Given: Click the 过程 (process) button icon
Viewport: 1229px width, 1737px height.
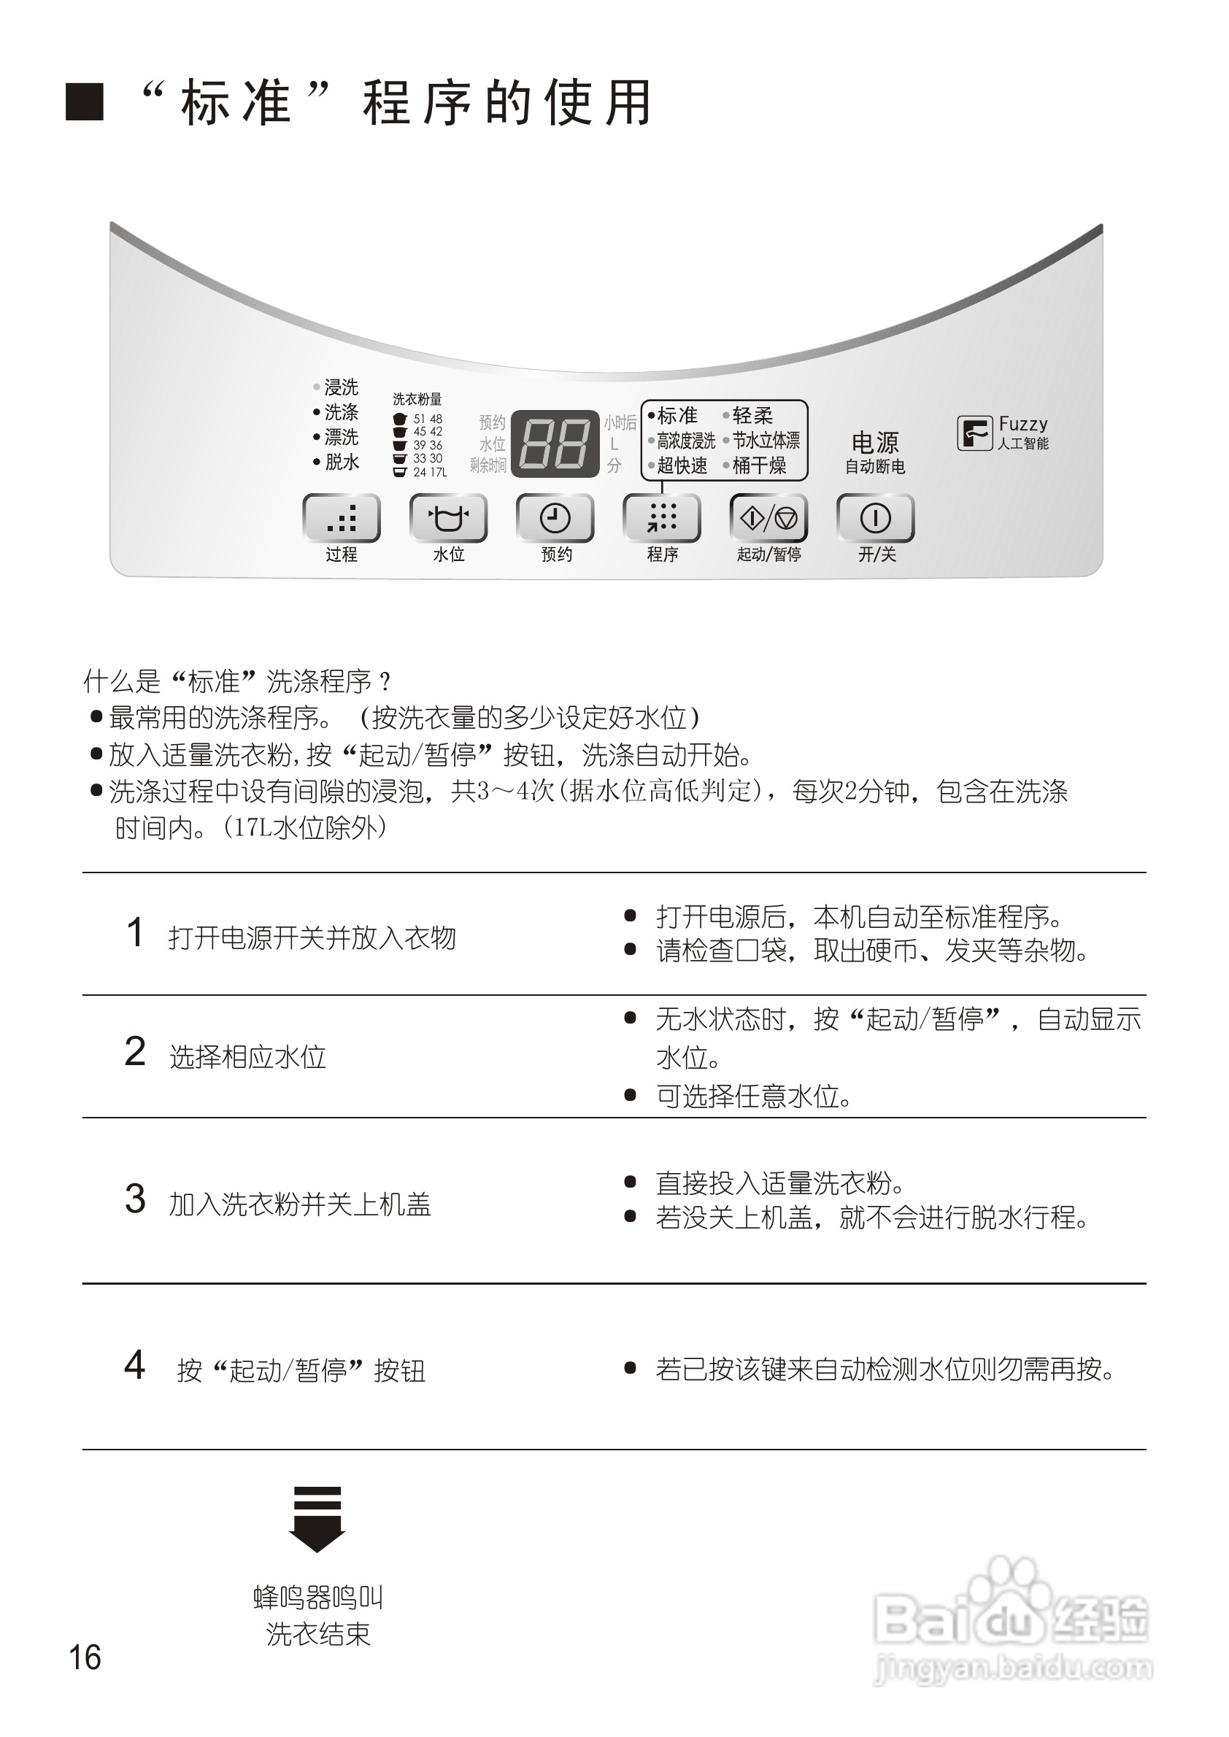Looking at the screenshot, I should (x=342, y=518).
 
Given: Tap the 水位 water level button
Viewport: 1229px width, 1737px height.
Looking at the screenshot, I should (x=448, y=518).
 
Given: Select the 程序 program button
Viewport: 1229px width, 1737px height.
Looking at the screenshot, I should (x=661, y=518).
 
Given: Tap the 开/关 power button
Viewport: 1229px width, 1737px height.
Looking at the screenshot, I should (x=876, y=518).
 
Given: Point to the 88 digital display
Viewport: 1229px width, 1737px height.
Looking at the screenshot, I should (x=555, y=444).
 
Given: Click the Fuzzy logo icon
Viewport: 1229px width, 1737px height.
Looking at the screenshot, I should (x=975, y=433).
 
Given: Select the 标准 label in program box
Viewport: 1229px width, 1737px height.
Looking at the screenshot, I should (x=677, y=415).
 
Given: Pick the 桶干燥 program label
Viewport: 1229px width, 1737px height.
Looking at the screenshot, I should (x=759, y=465).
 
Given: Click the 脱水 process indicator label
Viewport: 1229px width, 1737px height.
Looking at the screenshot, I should (x=342, y=462).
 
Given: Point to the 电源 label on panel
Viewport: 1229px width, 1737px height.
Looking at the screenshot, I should (x=875, y=442).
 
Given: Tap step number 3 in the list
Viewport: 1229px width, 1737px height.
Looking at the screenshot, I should (x=136, y=1199).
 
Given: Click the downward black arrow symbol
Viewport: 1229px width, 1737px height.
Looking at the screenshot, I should (x=317, y=1519).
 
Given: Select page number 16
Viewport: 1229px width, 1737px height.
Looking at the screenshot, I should (x=85, y=1657).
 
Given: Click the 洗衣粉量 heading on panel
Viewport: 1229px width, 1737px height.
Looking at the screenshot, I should (x=417, y=399).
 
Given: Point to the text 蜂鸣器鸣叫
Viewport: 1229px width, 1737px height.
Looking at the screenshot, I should (x=318, y=1597).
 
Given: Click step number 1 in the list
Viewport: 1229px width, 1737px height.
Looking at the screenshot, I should (x=136, y=932).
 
